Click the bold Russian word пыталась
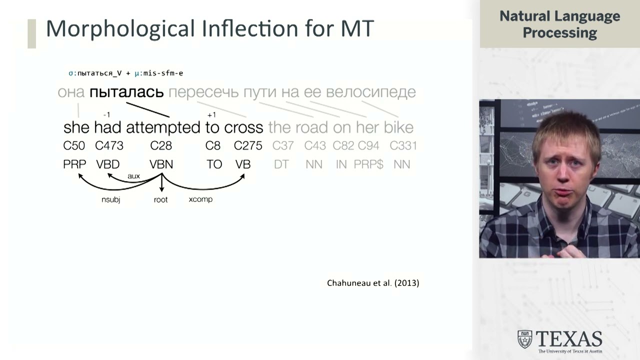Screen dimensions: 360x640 126,92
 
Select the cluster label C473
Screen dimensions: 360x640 109,146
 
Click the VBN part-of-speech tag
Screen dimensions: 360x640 161,164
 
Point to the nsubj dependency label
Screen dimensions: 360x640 110,200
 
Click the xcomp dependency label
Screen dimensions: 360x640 200,199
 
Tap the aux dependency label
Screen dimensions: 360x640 133,176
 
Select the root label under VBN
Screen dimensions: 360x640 161,200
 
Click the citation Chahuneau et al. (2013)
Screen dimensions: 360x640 373,283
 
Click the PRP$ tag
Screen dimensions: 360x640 368,164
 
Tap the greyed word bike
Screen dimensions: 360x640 398,127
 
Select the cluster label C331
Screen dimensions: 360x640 403,146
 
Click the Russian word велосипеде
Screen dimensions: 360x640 370,92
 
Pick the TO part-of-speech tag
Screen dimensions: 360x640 214,164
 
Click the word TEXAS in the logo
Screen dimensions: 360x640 569,339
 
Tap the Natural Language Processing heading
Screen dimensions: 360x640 559,24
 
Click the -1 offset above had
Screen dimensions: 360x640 106,115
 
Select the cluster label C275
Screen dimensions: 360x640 248,146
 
